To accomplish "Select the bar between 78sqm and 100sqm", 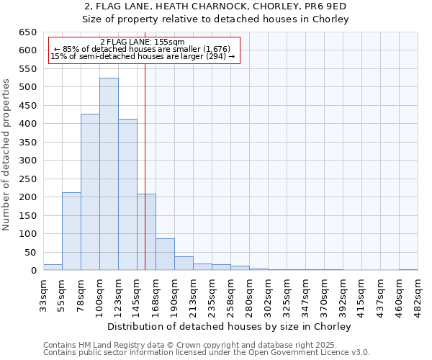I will coord(90,192).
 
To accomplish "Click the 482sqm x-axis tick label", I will coord(418,294).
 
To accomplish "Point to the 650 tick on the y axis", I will coord(27,32).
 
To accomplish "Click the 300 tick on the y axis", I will coord(27,161).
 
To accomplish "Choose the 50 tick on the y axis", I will coord(30,252).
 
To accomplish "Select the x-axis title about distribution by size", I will coord(230,327).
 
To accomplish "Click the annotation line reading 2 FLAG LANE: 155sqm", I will coord(143,42).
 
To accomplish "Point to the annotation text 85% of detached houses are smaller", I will coord(143,49).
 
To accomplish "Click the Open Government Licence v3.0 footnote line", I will coord(207,353).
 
